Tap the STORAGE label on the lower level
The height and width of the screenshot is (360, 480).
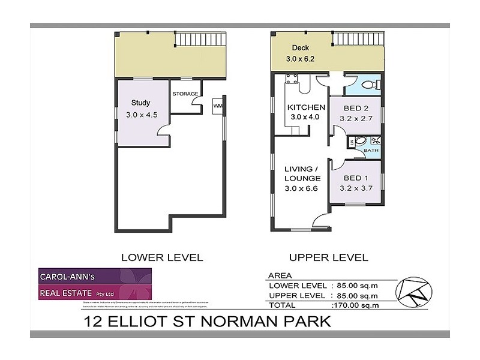(185, 94)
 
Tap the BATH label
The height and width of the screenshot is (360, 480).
(371, 151)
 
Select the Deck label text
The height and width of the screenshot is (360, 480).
(301, 48)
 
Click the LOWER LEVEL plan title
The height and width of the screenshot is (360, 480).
(161, 258)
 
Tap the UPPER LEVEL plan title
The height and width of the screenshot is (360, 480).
(329, 258)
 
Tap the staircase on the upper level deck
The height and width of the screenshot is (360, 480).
(357, 39)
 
